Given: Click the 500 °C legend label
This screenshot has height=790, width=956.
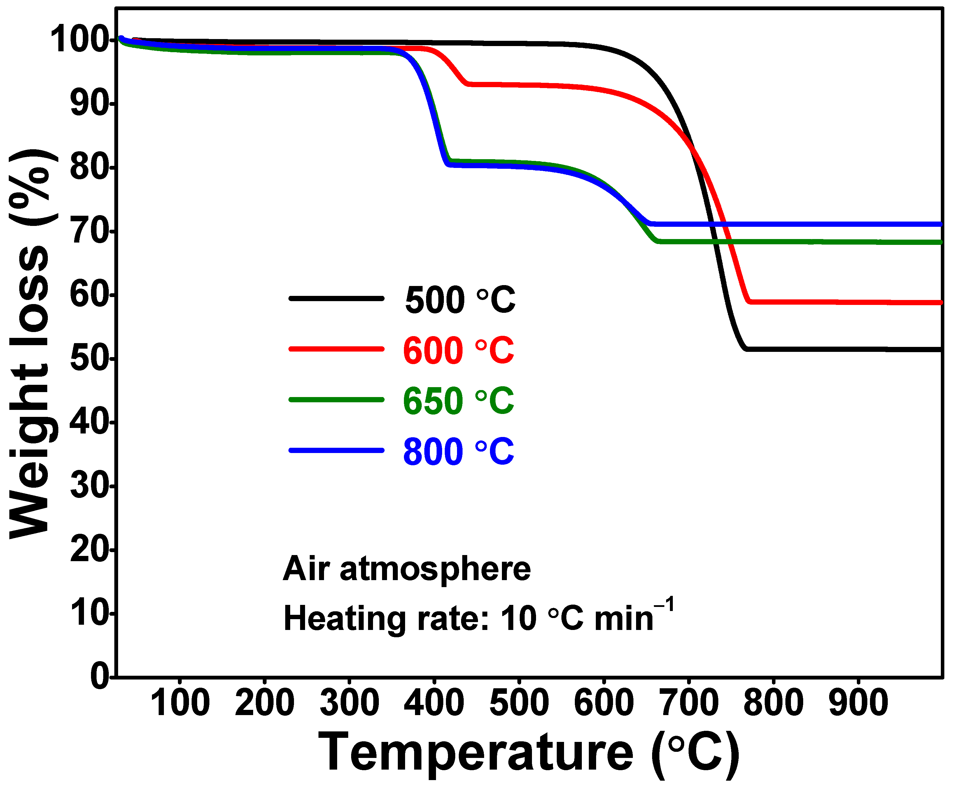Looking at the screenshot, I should pyautogui.click(x=460, y=300).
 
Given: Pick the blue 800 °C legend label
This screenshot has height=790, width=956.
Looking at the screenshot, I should pyautogui.click(x=458, y=452).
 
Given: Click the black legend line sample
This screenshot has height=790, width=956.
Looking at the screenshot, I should pyautogui.click(x=337, y=299).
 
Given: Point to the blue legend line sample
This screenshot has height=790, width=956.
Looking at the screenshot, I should pyautogui.click(x=337, y=450).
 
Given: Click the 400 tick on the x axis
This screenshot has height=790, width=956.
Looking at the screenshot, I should pyautogui.click(x=434, y=703).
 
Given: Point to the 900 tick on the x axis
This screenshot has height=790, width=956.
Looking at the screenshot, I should pyautogui.click(x=858, y=703).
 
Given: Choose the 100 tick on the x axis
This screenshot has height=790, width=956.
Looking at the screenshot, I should pyautogui.click(x=180, y=703).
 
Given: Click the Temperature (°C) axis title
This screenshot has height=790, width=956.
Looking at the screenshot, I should pyautogui.click(x=528, y=753).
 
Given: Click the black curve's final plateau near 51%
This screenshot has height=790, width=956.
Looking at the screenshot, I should pyautogui.click(x=842, y=349).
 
